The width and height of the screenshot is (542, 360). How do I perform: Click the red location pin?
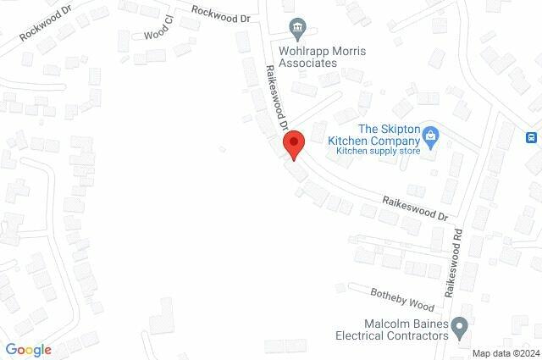(x=294, y=143)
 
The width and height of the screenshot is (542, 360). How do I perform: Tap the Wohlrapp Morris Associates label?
(x=318, y=56)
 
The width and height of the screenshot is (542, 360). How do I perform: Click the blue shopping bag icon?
(x=430, y=135)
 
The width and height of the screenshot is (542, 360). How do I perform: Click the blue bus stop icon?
(x=532, y=138)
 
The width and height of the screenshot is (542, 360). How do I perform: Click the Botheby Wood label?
(x=401, y=297)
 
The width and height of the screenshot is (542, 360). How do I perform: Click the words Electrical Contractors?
(x=394, y=336)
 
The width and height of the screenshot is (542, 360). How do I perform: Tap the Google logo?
(x=28, y=349)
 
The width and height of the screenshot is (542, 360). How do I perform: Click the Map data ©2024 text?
(x=505, y=353)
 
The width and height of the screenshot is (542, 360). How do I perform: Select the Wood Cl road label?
(x=158, y=33)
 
